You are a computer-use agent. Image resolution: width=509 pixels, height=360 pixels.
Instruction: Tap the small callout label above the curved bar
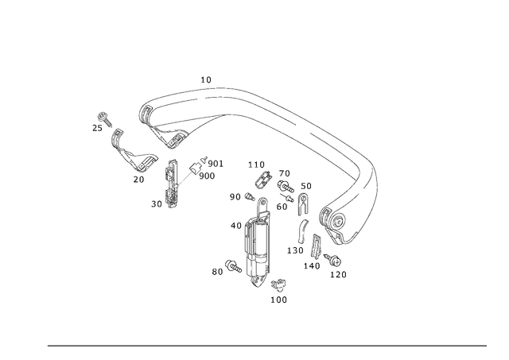(209, 79)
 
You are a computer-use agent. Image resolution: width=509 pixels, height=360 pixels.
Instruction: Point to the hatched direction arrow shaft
(189, 173)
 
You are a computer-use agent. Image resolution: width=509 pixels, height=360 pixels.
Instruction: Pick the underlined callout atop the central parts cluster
(253, 165)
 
